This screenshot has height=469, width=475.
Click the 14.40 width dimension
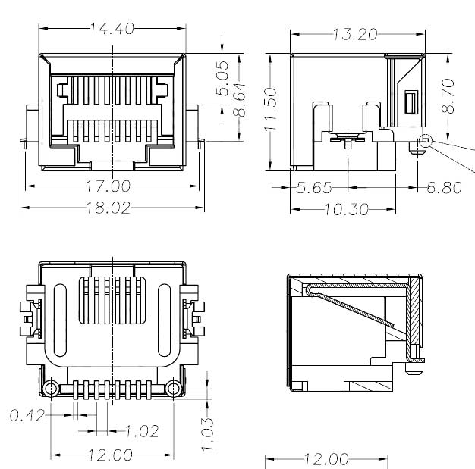[112, 29]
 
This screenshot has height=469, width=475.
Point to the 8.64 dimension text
[239, 100]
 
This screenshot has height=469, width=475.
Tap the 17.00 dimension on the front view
[109, 186]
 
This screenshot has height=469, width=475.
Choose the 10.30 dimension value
[343, 208]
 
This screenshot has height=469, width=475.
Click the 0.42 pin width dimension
[27, 414]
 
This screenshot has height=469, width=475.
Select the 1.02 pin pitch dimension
[140, 431]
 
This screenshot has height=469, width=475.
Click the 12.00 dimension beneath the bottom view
[112, 455]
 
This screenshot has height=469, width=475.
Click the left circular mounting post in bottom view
[52, 389]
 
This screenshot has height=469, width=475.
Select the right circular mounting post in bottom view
[173, 389]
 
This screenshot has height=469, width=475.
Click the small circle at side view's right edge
[425, 141]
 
